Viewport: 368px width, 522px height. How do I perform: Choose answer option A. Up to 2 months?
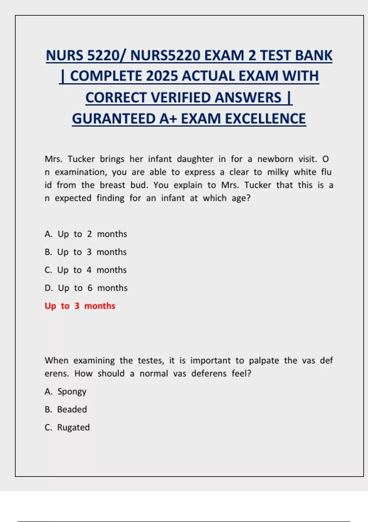click(x=86, y=234)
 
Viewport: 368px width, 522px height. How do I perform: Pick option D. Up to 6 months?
click(x=86, y=288)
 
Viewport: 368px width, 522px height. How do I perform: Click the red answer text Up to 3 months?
click(x=80, y=306)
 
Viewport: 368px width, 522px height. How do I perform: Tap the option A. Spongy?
click(x=65, y=391)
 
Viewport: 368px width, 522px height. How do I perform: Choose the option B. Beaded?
click(x=66, y=409)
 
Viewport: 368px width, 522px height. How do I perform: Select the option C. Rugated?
click(x=67, y=427)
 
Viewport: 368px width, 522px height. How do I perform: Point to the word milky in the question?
click(x=278, y=172)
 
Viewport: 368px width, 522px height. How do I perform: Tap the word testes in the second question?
click(x=151, y=360)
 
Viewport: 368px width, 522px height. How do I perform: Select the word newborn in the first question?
click(x=275, y=159)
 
